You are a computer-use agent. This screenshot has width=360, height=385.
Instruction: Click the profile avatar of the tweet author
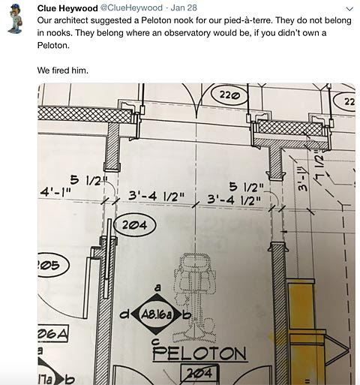16,20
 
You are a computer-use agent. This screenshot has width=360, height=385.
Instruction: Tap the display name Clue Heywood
67,8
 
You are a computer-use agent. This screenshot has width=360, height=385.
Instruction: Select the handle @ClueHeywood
131,8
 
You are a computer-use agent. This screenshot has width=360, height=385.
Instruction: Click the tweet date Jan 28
184,8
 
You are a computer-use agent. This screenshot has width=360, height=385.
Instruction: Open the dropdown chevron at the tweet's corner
349,9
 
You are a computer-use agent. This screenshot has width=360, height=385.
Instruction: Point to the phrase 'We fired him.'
63,71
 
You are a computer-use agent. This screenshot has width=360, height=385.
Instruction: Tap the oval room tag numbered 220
229,95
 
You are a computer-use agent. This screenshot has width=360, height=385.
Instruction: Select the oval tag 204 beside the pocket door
135,225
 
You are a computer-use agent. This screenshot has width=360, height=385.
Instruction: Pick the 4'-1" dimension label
55,192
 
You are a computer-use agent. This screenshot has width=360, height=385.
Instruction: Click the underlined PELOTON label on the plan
199,353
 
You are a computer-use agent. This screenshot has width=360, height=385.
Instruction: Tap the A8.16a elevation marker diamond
156,314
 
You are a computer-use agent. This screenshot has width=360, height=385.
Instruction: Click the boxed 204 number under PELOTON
200,374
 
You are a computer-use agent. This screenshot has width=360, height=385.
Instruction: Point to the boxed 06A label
53,333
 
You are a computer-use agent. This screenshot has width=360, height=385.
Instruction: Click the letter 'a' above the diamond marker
157,287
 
